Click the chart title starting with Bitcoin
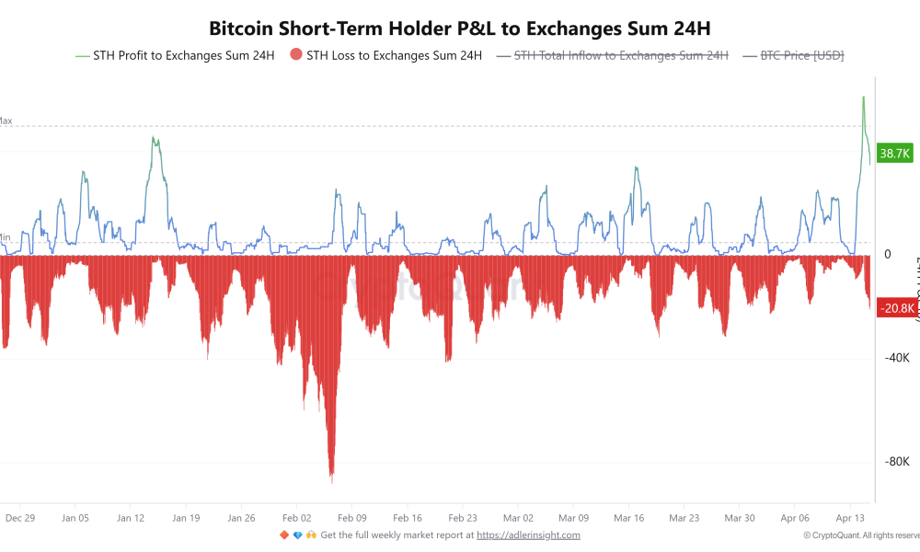pos(459,29)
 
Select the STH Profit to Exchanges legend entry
pos(175,55)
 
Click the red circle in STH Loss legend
pos(296,55)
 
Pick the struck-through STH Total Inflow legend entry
pos(621,55)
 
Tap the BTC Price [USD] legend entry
pos(801,55)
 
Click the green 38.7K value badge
pos(895,154)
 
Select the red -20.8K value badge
pos(895,308)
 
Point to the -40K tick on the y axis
pos(896,358)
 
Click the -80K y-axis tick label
pos(896,462)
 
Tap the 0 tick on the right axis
pos(887,254)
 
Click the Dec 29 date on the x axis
pos(20,518)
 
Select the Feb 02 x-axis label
pos(297,518)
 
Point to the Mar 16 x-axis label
pos(630,518)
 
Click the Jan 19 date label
pos(186,518)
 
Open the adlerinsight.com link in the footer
pos(529,535)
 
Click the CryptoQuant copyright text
pos(860,535)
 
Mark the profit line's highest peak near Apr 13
pos(863,97)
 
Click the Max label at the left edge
pos(6,121)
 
